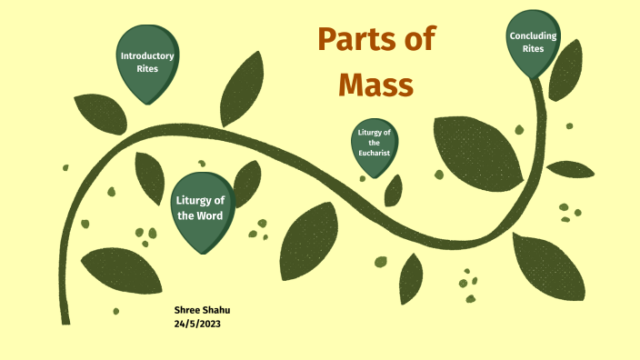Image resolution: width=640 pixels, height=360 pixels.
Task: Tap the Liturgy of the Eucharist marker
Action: [x=374, y=144]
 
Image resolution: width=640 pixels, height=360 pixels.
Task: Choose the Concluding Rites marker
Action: [x=533, y=42]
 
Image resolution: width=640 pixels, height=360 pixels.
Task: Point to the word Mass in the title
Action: [x=375, y=85]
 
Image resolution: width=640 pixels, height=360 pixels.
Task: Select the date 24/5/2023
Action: [x=197, y=323]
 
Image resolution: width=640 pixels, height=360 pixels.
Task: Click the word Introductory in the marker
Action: [x=147, y=55]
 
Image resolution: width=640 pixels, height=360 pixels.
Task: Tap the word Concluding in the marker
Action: [x=533, y=36]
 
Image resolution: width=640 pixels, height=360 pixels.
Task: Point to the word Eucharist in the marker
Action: [x=374, y=153]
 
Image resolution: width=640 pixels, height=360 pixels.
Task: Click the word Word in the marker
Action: [x=218, y=215]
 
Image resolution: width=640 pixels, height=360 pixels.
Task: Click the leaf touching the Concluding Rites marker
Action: [x=565, y=70]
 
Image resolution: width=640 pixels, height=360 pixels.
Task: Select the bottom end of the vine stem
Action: [x=65, y=318]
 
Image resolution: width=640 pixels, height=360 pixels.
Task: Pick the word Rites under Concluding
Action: [x=533, y=48]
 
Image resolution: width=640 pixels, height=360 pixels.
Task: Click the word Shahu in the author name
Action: [x=217, y=310]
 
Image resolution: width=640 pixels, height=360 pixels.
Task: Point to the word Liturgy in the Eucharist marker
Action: [x=374, y=134]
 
